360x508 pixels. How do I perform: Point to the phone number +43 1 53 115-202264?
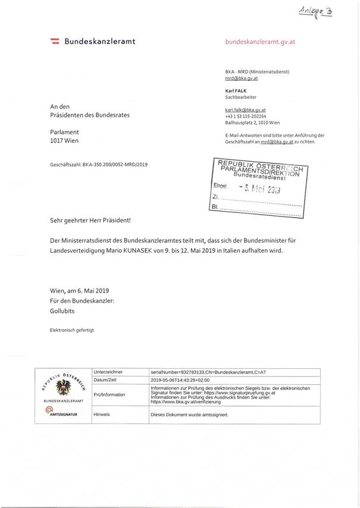252,117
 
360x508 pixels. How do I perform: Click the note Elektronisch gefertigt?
72,329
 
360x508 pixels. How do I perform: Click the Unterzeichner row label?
109,371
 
